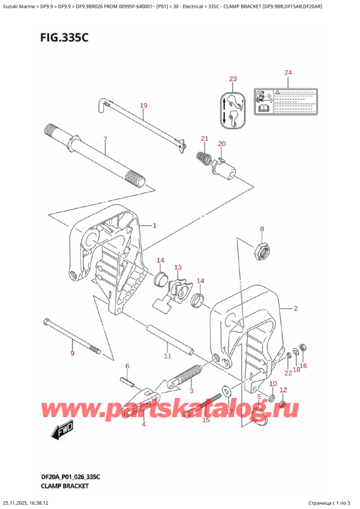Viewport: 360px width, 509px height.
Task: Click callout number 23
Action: (x=233, y=79)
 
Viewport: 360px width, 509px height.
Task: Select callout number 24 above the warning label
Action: (x=289, y=73)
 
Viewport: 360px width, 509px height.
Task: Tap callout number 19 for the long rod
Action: (x=143, y=106)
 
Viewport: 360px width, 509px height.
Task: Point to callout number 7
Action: (x=105, y=140)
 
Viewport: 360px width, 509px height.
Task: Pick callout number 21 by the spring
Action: (x=204, y=139)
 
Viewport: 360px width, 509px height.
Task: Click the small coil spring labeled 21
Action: (x=204, y=159)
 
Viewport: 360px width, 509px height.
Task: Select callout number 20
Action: (x=221, y=144)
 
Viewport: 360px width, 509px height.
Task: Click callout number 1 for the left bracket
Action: (x=154, y=226)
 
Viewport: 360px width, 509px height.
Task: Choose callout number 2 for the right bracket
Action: (x=295, y=309)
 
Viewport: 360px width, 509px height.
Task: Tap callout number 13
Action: (x=178, y=267)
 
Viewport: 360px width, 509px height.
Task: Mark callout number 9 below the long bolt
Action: (x=72, y=354)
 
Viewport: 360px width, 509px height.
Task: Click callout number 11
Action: (x=167, y=356)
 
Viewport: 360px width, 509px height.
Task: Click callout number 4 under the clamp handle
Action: (x=143, y=425)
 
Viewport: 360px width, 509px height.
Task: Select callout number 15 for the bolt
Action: (x=206, y=420)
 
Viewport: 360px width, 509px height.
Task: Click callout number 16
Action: (x=303, y=366)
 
